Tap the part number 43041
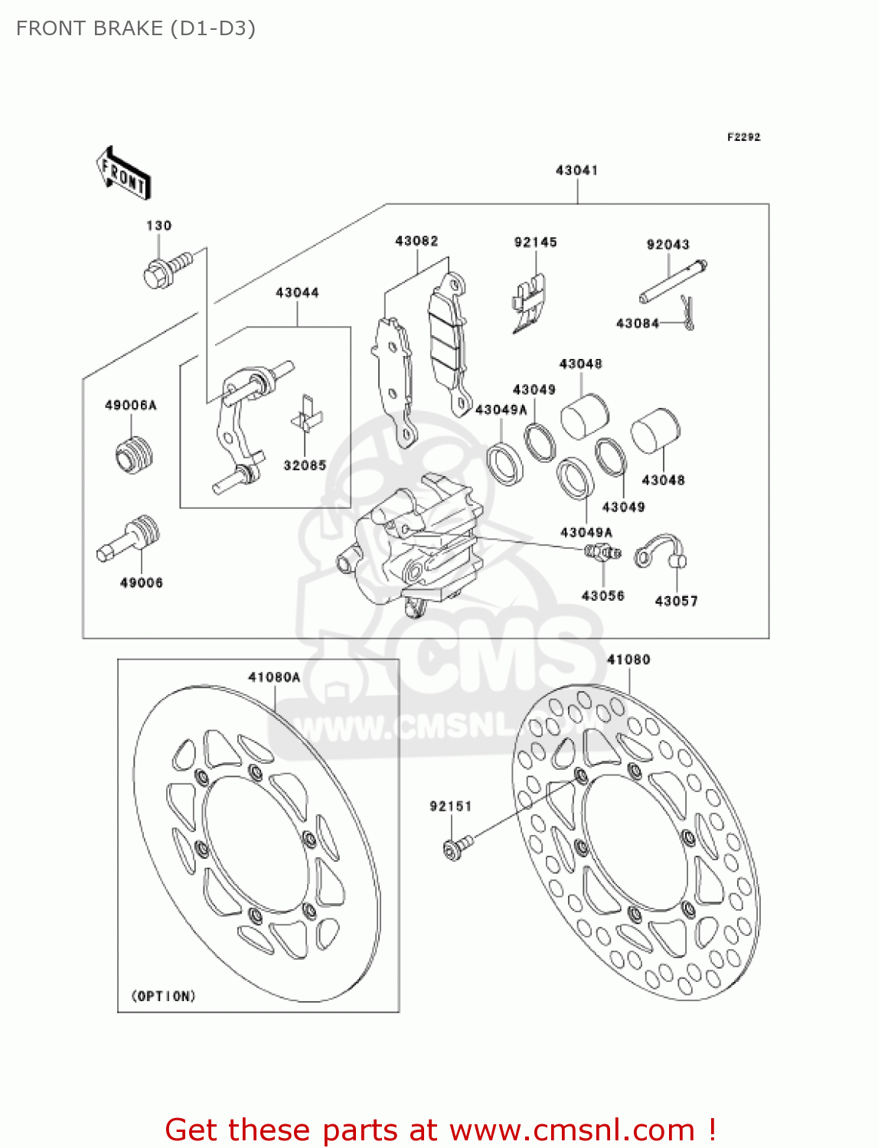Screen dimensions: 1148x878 click(576, 171)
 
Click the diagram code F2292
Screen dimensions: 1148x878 click(743, 137)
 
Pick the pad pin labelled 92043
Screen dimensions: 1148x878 click(673, 281)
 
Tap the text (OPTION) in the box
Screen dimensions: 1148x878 click(164, 996)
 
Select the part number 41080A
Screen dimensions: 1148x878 click(274, 677)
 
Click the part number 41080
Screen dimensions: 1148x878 click(628, 660)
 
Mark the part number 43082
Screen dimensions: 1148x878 click(416, 241)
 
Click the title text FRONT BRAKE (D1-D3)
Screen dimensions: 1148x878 click(135, 28)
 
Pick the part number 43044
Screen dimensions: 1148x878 click(297, 292)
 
